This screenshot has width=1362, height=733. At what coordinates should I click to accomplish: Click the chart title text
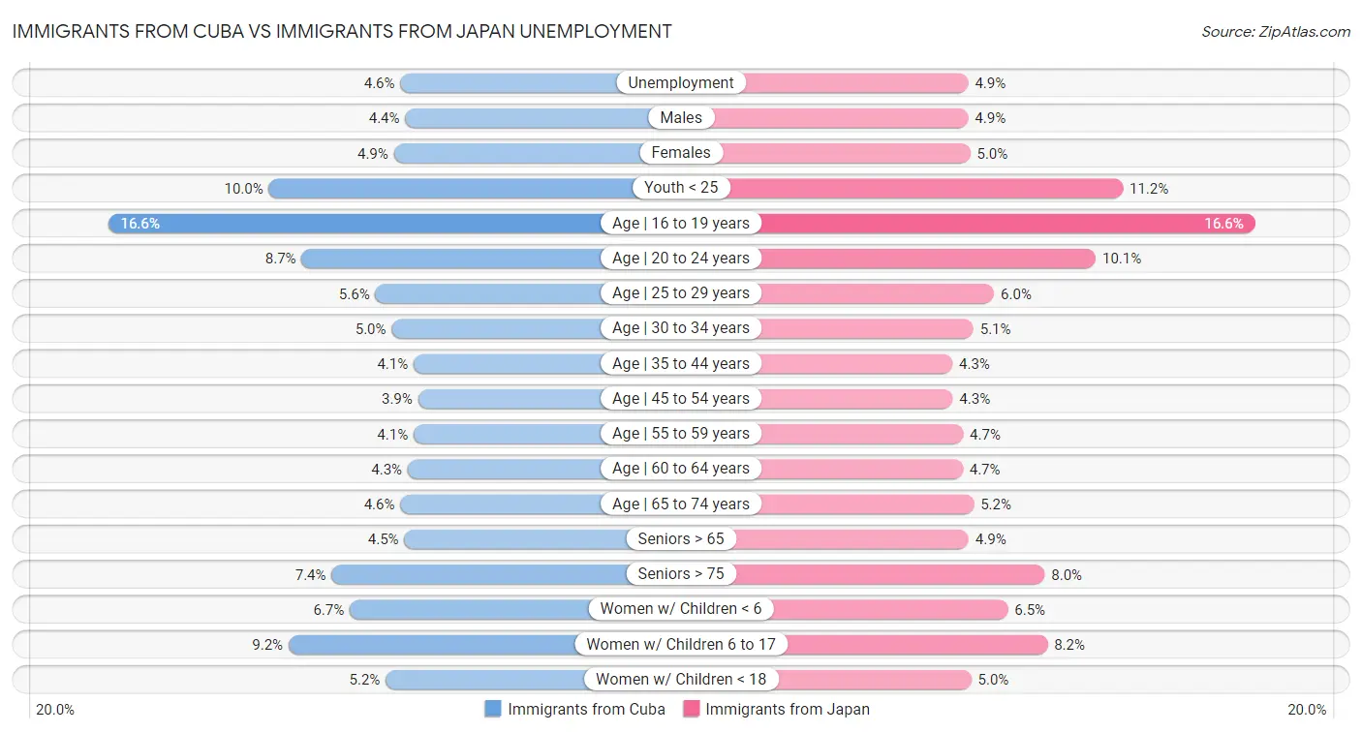click(x=342, y=31)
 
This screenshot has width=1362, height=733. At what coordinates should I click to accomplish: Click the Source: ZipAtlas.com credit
click(x=1275, y=32)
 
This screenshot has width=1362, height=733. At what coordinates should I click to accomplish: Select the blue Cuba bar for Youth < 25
click(x=450, y=188)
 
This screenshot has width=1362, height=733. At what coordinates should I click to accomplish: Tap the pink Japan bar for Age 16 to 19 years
click(x=1007, y=224)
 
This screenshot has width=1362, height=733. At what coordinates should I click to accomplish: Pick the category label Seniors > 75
click(x=681, y=574)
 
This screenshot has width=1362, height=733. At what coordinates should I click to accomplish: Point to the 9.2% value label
click(x=267, y=645)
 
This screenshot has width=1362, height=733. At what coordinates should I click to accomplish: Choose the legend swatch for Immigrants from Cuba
click(x=493, y=710)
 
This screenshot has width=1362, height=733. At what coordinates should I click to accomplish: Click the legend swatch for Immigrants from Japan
click(x=692, y=710)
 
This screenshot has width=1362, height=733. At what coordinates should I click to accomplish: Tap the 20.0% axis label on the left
click(x=55, y=710)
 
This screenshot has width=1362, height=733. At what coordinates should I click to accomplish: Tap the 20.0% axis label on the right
click(x=1306, y=710)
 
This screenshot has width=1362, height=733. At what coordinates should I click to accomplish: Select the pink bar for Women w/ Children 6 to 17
click(x=917, y=645)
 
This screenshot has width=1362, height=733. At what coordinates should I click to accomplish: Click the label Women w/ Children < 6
click(x=681, y=609)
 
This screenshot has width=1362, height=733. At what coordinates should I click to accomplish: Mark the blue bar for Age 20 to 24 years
click(x=450, y=259)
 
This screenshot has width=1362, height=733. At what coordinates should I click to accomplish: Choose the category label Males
click(x=681, y=118)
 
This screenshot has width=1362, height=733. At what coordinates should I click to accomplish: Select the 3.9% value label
click(x=396, y=399)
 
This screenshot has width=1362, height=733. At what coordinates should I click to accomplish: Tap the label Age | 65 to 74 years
click(x=681, y=504)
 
